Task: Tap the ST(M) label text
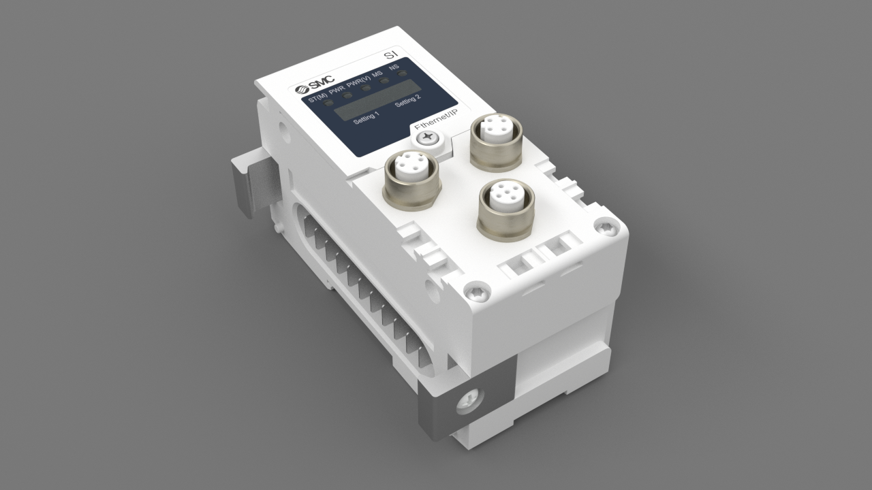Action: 317,99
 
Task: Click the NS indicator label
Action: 394,68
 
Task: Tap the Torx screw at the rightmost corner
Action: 605,227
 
